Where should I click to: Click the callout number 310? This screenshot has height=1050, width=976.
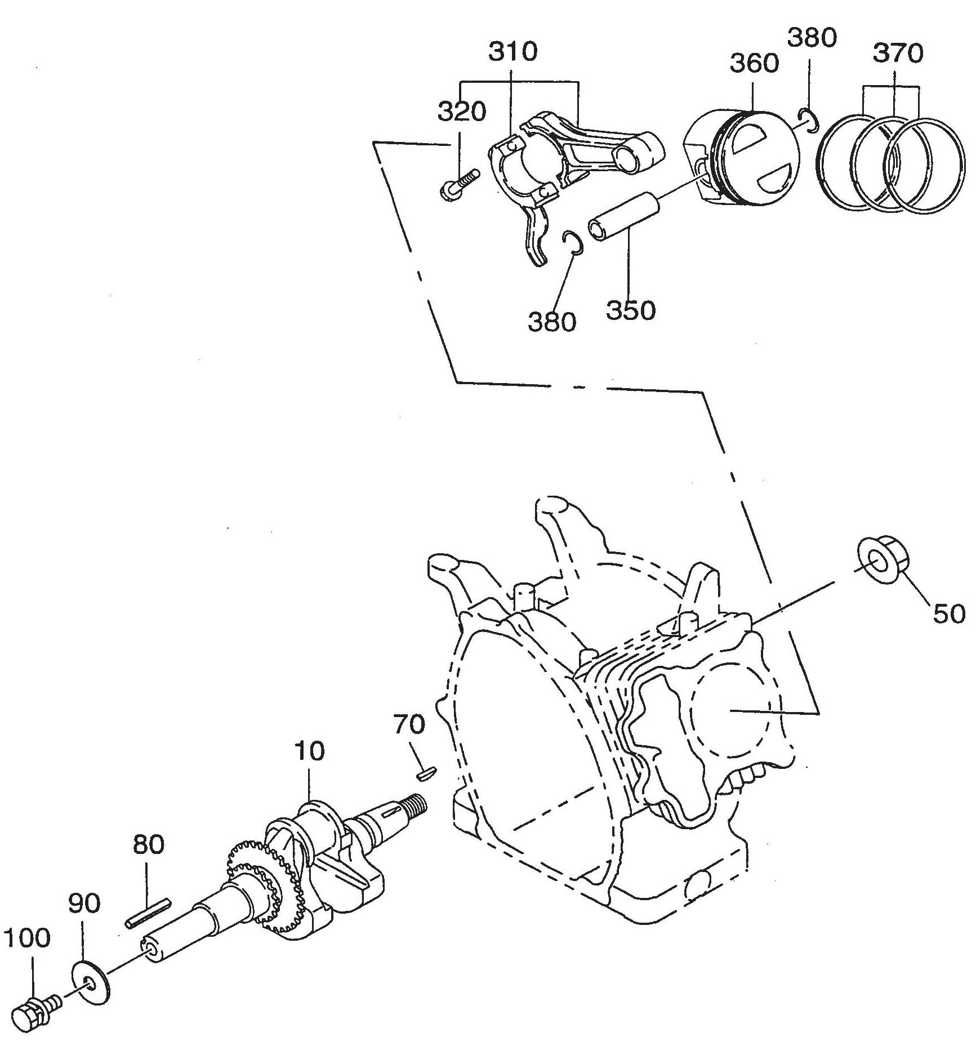(512, 52)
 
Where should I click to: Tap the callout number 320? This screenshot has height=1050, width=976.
(462, 112)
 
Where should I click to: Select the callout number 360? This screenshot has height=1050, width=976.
(754, 63)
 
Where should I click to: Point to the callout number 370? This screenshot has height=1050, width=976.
(898, 54)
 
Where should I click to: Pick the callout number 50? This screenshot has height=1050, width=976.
(948, 613)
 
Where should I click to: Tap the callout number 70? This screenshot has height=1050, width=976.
(409, 724)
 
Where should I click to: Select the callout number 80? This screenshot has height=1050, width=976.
(149, 844)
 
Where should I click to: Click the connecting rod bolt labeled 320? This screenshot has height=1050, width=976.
(458, 185)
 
